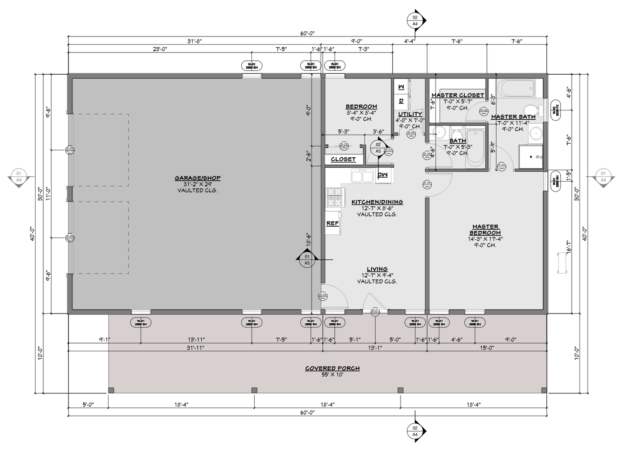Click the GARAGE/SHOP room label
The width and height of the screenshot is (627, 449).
click(x=197, y=178)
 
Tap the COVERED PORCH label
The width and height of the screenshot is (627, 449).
click(x=332, y=368)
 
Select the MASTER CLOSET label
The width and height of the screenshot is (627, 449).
click(x=457, y=95)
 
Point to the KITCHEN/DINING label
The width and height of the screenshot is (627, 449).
click(x=377, y=202)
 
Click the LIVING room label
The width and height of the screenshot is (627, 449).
click(x=377, y=269)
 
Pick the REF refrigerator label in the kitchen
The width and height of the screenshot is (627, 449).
click(x=332, y=223)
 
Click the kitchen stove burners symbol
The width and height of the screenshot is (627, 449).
click(x=334, y=197)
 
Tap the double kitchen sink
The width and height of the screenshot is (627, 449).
click(x=362, y=177)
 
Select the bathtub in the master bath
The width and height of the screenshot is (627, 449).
click(x=516, y=89)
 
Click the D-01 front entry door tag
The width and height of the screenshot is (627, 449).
click(x=375, y=311)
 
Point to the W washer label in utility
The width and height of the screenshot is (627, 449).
click(x=401, y=87)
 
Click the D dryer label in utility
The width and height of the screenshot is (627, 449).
click(x=401, y=101)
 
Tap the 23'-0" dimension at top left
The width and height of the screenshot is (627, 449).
click(x=160, y=49)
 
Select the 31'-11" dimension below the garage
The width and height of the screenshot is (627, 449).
click(x=195, y=348)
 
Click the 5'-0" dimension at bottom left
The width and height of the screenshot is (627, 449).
click(x=88, y=404)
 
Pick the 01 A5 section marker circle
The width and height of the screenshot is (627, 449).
click(x=307, y=260)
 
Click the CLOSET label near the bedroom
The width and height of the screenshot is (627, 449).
click(x=343, y=159)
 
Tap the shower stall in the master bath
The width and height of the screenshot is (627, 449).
click(x=530, y=157)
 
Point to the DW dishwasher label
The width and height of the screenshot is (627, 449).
click(x=383, y=175)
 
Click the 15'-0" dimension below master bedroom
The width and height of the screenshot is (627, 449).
click(x=487, y=348)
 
